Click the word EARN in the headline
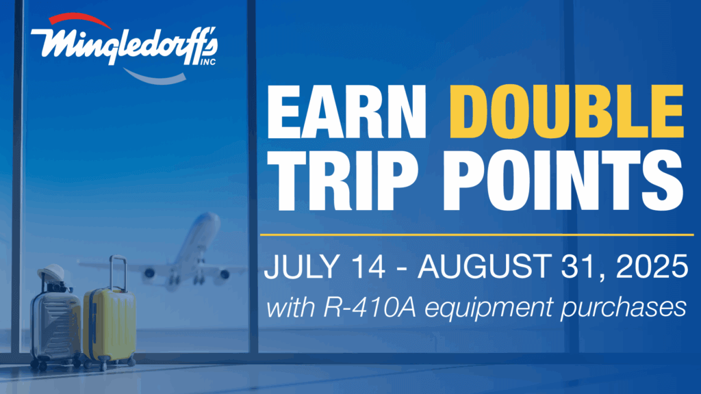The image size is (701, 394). pyautogui.click(x=346, y=111)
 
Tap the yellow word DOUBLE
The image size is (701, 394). pyautogui.click(x=567, y=111)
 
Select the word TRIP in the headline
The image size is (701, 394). pyautogui.click(x=343, y=180)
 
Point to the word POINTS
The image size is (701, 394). pyautogui.click(x=563, y=180)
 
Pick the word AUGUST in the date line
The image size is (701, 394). pyautogui.click(x=484, y=267)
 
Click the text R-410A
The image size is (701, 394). pyautogui.click(x=369, y=307)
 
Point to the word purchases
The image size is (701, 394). pyautogui.click(x=624, y=309)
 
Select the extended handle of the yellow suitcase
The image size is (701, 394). pyautogui.click(x=118, y=272)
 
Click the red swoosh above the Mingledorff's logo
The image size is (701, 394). pyautogui.click(x=79, y=18)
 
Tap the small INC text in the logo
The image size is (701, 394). pyautogui.click(x=207, y=62)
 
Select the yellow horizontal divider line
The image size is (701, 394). pyautogui.click(x=476, y=234)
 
